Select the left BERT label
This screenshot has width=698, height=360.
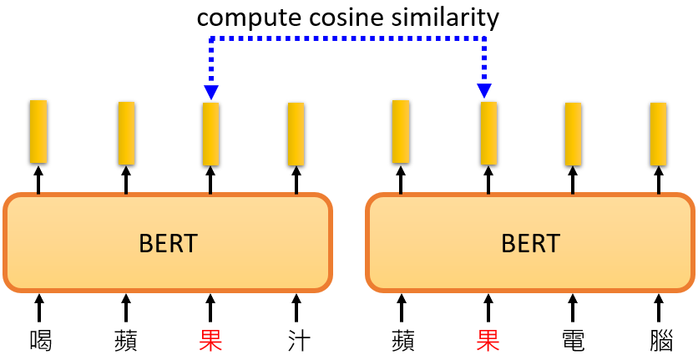pos(168,243)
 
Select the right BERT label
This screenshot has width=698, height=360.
pos(530,243)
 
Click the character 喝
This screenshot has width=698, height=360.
pos(39,340)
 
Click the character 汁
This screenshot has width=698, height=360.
pos(296,340)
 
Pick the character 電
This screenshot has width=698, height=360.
pos(573,340)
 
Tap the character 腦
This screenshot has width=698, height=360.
pos(659,340)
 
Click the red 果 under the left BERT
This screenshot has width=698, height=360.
pos(210,340)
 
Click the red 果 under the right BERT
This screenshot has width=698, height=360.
pos(488,340)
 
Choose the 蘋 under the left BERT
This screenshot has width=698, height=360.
pos(125,340)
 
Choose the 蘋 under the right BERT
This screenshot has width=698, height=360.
pos(402,340)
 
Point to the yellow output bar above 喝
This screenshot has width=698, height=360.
pos(38,131)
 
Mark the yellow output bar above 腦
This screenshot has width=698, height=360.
pos(659,134)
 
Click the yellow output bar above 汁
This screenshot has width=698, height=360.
pos(296,134)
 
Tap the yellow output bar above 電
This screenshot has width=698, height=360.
pos(573,134)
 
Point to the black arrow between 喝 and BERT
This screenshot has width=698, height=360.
pos(39,307)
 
